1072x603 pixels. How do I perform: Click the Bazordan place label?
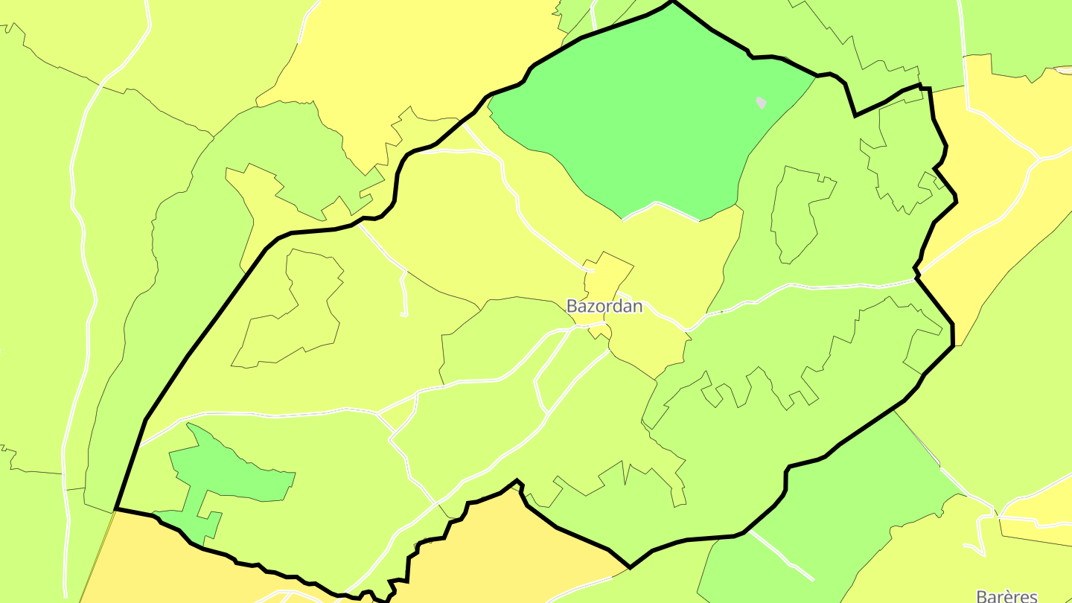click(604, 306)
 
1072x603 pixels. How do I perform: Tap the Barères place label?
click(1006, 596)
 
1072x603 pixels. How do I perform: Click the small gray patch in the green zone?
click(761, 103)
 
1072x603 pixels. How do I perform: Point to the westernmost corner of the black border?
click(116, 509)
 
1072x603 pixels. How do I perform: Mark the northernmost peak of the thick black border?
click(673, 2)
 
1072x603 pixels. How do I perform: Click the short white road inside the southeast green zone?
click(782, 555)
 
